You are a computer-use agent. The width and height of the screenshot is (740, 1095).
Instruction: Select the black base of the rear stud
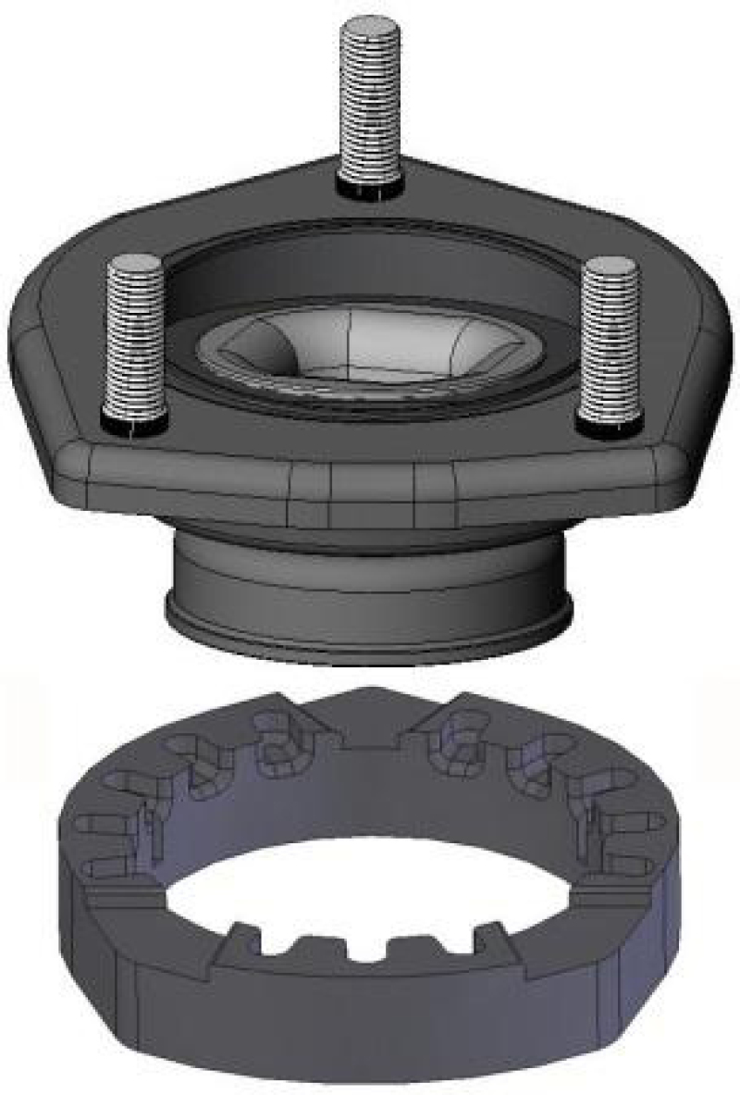point(370,188)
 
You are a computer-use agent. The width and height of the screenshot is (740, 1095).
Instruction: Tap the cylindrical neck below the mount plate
point(370,574)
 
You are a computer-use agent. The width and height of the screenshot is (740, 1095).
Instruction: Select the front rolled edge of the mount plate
point(370,481)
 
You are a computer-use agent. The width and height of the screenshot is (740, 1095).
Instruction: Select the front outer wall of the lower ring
point(370,1027)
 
